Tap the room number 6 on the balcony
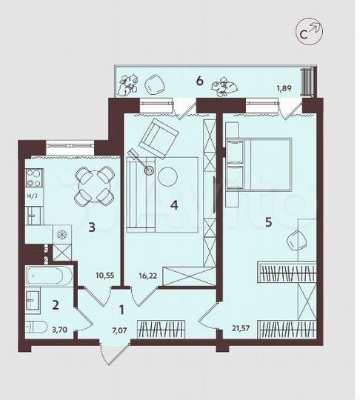point(199,80)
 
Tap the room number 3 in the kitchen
point(92,228)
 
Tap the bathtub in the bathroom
point(48,279)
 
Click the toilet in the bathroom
point(36,327)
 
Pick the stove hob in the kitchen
point(33,178)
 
